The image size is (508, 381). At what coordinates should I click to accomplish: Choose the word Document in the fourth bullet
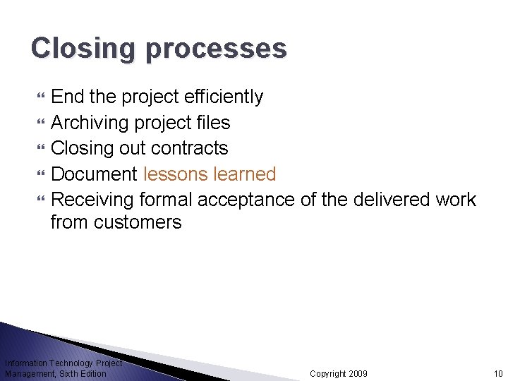tap(95, 174)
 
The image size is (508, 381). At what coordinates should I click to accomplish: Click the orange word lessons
tap(179, 174)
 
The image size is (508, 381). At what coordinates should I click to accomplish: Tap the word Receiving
tap(94, 200)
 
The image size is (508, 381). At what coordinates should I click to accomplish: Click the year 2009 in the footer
tap(357, 373)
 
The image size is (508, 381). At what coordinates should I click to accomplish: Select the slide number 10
tap(498, 373)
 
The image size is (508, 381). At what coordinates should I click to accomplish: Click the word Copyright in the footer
tap(327, 373)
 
